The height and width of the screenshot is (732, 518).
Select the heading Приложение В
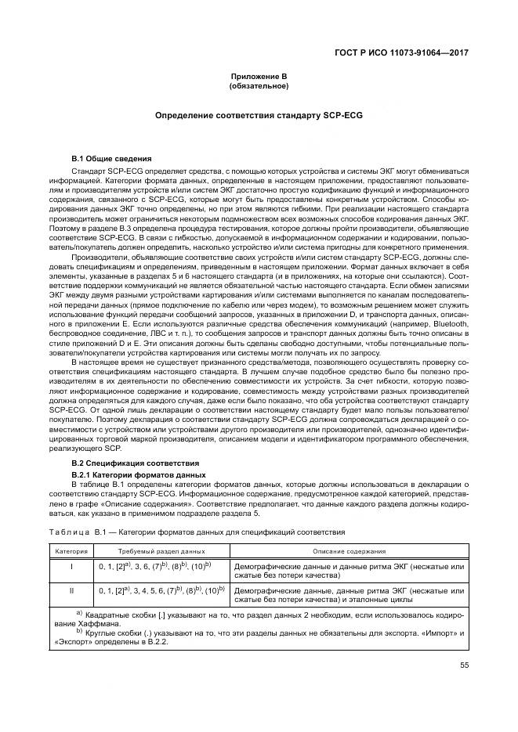[259, 76]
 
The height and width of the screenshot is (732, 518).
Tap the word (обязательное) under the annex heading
[259, 85]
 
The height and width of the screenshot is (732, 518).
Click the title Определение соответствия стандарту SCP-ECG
[259, 115]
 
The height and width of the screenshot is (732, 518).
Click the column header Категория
[71, 551]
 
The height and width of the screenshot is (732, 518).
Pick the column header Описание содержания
[349, 551]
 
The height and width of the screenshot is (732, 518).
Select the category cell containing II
[71, 591]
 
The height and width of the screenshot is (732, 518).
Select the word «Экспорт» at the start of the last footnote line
[67, 642]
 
